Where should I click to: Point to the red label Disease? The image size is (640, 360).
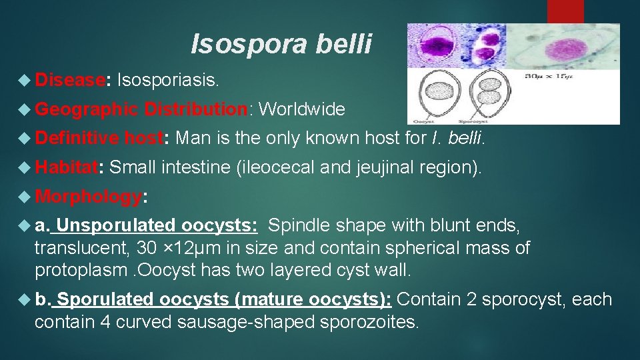coord(70,81)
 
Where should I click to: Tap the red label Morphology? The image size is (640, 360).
coord(88,196)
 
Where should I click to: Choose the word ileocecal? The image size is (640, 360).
coord(276,167)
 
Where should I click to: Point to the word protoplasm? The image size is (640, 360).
coord(80,270)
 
